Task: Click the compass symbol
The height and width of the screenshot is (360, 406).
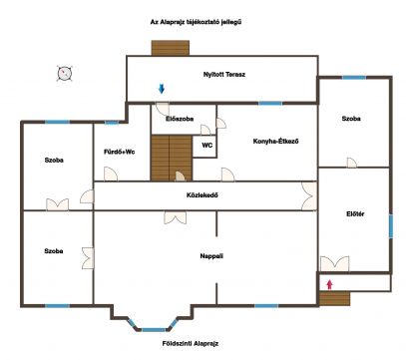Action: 65,74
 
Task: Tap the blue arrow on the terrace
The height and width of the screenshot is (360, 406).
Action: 162,89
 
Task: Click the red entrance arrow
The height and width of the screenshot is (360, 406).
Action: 329,284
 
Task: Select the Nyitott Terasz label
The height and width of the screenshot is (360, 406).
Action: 224,75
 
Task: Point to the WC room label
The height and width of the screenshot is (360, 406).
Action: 207,146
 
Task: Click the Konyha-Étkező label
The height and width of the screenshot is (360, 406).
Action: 275,142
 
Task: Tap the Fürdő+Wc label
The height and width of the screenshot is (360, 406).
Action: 120,153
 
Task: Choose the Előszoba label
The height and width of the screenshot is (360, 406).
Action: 180,119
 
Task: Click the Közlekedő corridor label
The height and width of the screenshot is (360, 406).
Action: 203,195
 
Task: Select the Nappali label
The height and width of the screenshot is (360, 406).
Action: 211,256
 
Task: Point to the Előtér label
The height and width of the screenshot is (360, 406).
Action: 355,214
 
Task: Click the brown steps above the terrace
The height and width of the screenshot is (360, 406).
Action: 171,48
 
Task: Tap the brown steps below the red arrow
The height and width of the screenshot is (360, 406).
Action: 334,298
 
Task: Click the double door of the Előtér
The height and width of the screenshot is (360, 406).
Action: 335,263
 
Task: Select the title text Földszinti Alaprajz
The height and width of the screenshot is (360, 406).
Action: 191,344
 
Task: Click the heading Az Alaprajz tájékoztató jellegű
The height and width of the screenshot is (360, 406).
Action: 196,22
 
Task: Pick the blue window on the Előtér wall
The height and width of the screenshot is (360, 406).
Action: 391,226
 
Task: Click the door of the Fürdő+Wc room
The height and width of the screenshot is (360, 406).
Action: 111,174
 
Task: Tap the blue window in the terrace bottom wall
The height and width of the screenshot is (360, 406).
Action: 270,104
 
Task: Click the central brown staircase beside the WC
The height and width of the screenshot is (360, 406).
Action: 172,158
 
